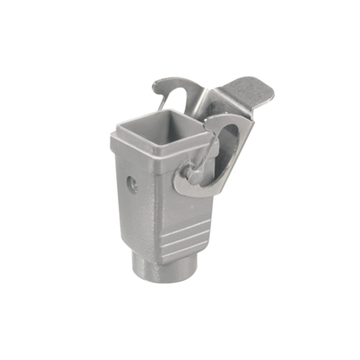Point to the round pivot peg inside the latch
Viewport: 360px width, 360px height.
(x=192, y=174)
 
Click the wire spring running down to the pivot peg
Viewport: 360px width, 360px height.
(x=205, y=155)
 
